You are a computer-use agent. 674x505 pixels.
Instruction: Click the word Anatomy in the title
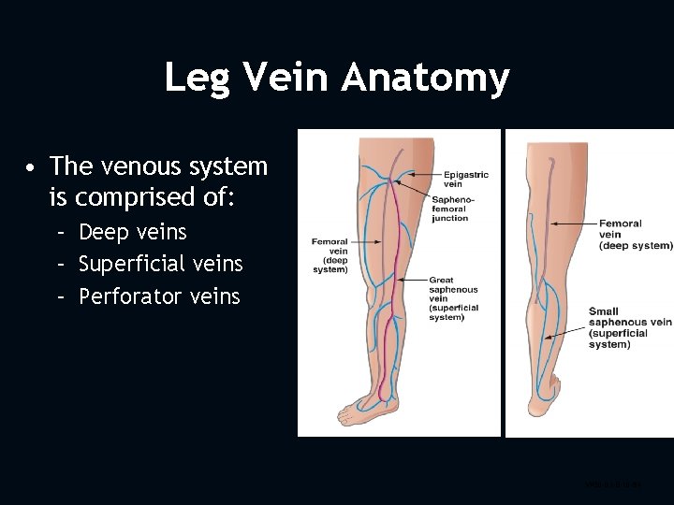coord(425,78)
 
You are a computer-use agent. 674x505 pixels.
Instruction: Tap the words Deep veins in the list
coord(133,232)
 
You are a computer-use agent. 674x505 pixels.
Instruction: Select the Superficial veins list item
coord(160,265)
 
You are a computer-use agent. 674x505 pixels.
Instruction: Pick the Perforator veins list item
coord(159,297)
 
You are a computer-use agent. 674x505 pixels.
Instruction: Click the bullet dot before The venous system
coord(32,168)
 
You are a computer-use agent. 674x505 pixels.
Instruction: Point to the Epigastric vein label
coord(466,179)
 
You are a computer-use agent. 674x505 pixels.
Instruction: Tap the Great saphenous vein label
coord(454,297)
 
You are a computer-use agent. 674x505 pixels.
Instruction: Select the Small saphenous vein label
coord(630,327)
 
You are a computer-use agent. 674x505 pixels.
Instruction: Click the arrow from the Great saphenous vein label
coord(411,279)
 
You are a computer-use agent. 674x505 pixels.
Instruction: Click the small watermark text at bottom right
coord(614,485)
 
